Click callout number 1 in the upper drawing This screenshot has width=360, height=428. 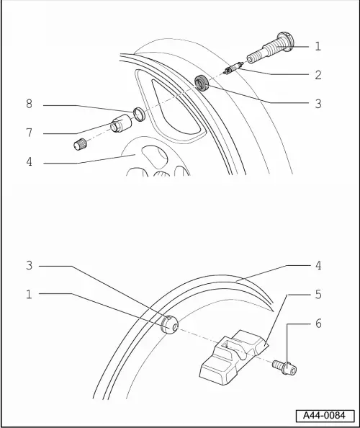tap(318, 47)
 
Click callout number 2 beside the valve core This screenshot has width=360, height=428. tap(318, 74)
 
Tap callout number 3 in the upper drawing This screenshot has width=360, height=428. tap(318, 104)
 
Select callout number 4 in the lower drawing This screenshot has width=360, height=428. tap(318, 266)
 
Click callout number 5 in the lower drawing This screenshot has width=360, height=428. tap(318, 294)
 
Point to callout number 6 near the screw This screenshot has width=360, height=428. tap(318, 324)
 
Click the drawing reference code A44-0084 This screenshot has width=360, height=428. tap(324, 416)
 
